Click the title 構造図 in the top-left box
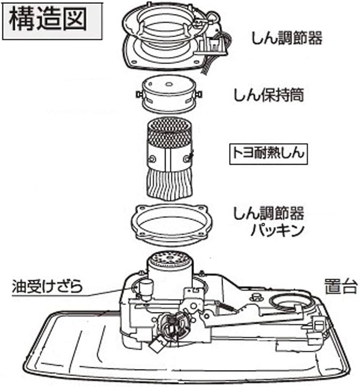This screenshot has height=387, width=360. tap(47, 20)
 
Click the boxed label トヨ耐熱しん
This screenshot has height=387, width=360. tap(268, 154)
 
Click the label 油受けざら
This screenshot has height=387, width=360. tap(48, 287)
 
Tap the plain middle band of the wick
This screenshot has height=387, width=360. tap(168, 159)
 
